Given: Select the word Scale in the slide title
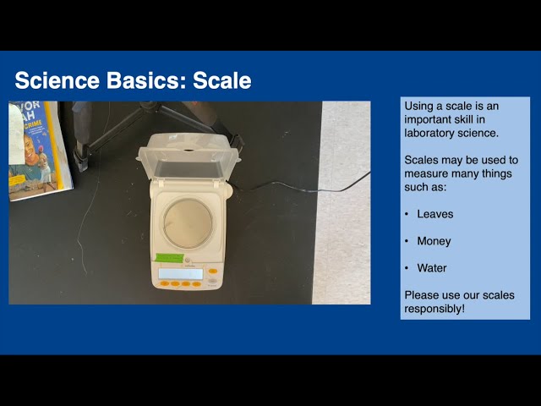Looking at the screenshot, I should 222,80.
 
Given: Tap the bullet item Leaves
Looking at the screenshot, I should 434,214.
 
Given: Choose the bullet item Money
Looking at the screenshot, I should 434,241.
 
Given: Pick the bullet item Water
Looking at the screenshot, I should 431,268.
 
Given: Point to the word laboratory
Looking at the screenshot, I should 432,133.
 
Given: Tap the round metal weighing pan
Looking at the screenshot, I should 188,222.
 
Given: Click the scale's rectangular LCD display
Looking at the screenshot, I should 181,273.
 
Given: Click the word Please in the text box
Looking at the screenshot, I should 422,295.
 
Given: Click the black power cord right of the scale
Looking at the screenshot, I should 304,185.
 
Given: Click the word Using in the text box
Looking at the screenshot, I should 420,106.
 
